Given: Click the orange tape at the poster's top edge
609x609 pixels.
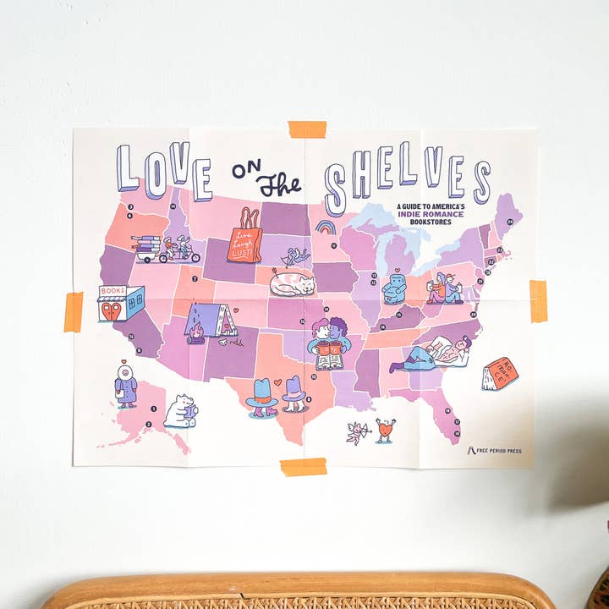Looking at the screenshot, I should (x=306, y=129).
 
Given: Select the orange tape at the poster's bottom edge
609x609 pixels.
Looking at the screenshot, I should (x=303, y=467).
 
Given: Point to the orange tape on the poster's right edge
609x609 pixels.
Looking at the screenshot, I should (x=538, y=300).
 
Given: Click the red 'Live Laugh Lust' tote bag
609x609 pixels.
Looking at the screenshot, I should (x=246, y=237).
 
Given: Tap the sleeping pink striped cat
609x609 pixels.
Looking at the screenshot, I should (x=292, y=283).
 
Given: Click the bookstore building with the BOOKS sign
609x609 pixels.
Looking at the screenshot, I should (x=120, y=303).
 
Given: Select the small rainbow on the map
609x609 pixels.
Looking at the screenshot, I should (x=326, y=227).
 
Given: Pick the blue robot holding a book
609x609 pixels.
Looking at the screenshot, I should (x=394, y=288).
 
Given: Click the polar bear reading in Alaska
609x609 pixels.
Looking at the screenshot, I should (x=180, y=411).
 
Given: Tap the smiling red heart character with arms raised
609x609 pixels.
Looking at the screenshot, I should (x=386, y=430).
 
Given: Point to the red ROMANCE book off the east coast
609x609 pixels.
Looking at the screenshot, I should (x=500, y=373).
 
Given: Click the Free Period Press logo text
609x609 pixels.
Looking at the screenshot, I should (x=500, y=451).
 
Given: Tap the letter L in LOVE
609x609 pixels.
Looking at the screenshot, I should (x=127, y=168).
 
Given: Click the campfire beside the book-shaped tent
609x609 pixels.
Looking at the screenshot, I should (x=197, y=332).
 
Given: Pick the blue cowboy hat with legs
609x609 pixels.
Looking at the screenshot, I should (x=263, y=395).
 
